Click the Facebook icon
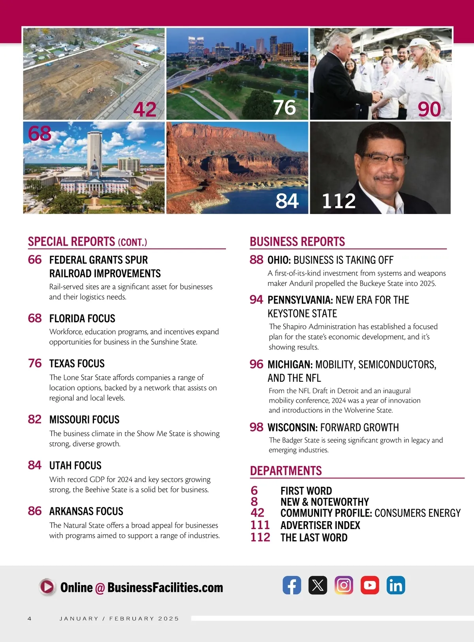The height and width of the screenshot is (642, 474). (x=292, y=585)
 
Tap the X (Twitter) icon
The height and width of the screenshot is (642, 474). (x=318, y=585)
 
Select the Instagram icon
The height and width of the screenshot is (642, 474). (x=344, y=585)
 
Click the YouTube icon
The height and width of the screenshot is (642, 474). (x=370, y=585)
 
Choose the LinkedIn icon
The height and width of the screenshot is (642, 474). (x=395, y=585)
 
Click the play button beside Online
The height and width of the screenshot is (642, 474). (x=47, y=587)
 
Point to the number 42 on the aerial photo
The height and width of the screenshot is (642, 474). (x=145, y=109)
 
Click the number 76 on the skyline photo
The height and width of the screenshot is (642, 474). (x=284, y=107)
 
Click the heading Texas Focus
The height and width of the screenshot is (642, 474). (x=77, y=364)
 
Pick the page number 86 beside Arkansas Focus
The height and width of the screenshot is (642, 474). (x=35, y=511)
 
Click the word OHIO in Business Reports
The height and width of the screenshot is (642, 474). (x=279, y=260)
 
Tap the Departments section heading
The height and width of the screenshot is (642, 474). (x=286, y=471)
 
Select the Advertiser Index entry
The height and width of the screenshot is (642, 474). (x=320, y=526)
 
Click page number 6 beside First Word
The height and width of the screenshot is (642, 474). (x=254, y=491)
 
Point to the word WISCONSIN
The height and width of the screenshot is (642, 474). (x=292, y=428)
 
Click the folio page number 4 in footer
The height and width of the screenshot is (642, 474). (x=30, y=618)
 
